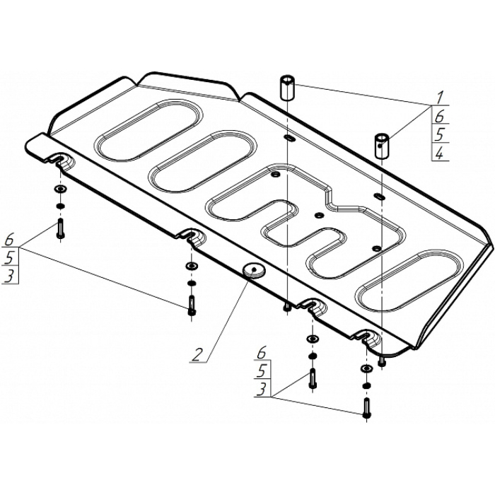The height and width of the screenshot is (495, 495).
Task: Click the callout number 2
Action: tap(197, 354)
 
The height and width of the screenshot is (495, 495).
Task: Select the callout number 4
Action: tap(440, 153)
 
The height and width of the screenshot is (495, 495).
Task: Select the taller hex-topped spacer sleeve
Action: tap(286, 88)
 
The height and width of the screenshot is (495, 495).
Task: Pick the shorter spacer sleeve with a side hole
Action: tap(381, 146)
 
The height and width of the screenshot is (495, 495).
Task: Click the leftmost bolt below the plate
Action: tap(61, 228)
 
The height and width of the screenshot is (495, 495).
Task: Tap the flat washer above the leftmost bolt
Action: tap(61, 190)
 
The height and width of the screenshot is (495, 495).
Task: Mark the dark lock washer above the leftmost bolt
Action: tap(60, 206)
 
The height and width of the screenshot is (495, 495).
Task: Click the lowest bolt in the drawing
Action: tap(366, 408)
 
